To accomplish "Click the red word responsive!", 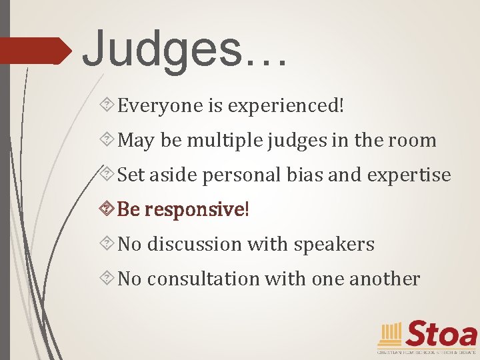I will coord(197,210).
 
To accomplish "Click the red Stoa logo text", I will coord(441,333).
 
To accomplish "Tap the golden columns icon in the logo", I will coord(390,333).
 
